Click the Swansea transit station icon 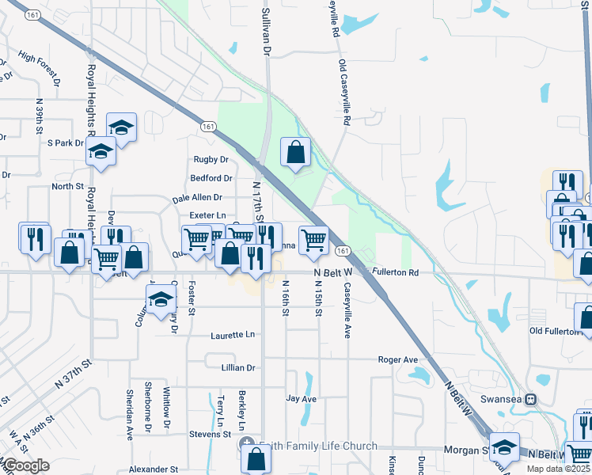pos(531,399)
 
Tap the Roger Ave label pos(397,359)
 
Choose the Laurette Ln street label pos(233,336)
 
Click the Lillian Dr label pos(240,368)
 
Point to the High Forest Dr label pos(40,69)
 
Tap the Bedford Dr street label pos(211,179)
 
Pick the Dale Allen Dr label pos(197,198)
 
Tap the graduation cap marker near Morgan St pos(503,447)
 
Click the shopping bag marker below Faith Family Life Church pos(256,458)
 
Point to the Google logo pos(25,465)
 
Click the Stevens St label pos(210,435)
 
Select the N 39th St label pos(40,116)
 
